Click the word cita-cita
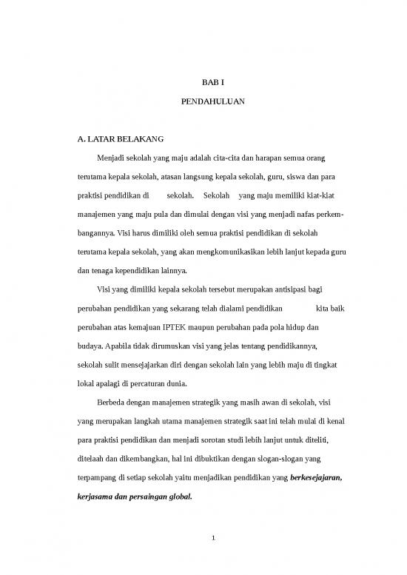point(226,158)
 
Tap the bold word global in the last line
point(176,499)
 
